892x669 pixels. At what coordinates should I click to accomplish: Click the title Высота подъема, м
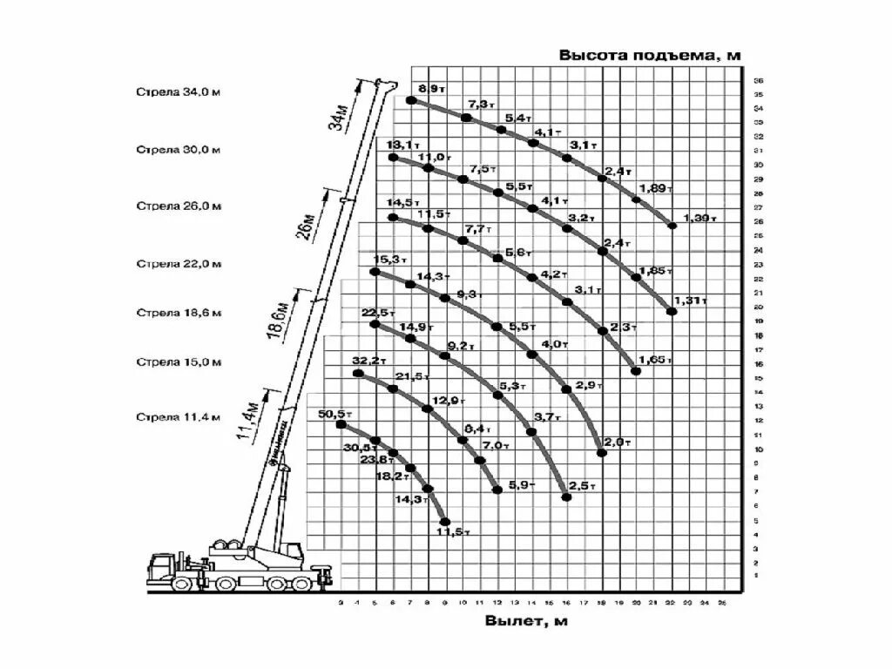649,55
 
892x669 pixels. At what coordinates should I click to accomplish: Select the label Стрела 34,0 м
178,91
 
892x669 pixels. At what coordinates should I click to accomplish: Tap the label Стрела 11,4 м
178,416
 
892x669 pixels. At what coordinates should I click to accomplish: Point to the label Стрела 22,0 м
178,263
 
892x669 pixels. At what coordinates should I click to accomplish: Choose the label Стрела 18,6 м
178,312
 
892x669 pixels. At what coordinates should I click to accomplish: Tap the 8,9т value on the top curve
432,89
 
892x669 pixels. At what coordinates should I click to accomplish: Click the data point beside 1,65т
636,371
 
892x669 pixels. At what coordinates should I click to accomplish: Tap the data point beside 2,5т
566,497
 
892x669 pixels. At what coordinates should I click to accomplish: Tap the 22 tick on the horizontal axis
671,603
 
